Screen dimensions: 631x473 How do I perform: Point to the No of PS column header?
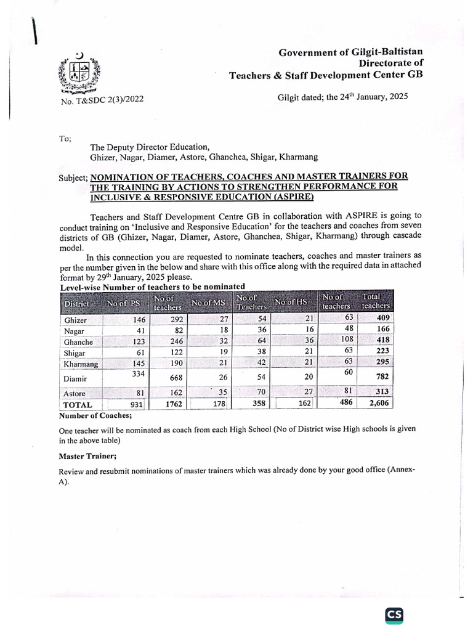pyautogui.click(x=124, y=303)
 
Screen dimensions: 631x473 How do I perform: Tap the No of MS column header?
pyautogui.click(x=208, y=303)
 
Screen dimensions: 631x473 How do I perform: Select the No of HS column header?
pyautogui.click(x=291, y=302)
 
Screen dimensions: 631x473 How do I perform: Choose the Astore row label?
pyautogui.click(x=75, y=393)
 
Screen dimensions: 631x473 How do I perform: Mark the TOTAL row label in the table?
pyautogui.click(x=77, y=405)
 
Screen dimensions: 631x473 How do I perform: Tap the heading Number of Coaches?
pyautogui.click(x=87, y=417)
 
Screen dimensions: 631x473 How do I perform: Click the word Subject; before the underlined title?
pyautogui.click(x=73, y=177)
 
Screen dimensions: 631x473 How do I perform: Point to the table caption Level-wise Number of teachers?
pyautogui.click(x=152, y=287)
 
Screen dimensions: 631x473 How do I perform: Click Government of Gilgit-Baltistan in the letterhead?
pyautogui.click(x=351, y=53)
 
